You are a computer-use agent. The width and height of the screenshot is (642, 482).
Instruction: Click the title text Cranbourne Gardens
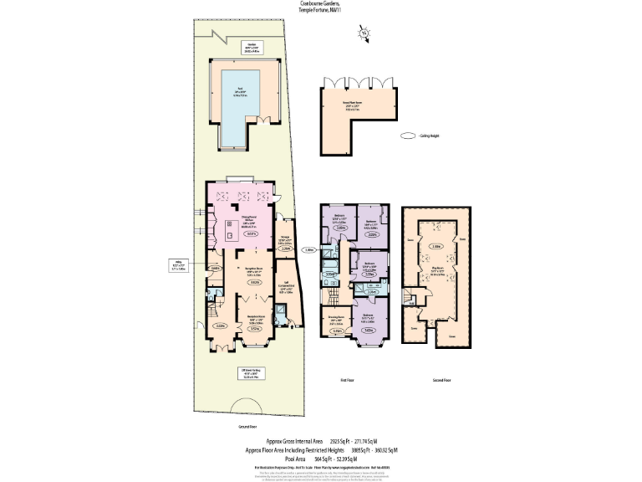coord(320,3)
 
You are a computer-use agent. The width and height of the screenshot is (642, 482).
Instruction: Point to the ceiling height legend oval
coord(408,136)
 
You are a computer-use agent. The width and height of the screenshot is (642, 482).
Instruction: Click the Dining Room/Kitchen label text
coord(248,223)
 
